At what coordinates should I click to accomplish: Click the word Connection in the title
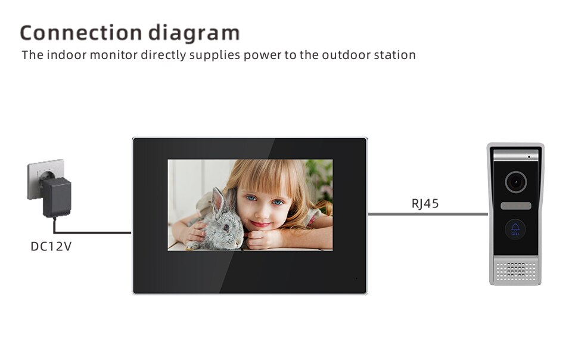81,32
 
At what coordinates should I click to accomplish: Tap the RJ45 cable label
425,203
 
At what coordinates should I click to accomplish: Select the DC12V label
51,247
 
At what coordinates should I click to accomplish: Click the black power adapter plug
57,197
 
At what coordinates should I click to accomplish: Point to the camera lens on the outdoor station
515,182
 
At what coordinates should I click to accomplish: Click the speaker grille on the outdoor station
515,271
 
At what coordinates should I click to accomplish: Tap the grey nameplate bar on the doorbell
515,206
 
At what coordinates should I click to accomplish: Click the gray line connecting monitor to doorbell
428,214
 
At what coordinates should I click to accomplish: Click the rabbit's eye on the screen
226,227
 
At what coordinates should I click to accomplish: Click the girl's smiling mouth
262,224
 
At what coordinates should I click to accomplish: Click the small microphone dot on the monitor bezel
356,278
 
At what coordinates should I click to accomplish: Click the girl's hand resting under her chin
261,239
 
